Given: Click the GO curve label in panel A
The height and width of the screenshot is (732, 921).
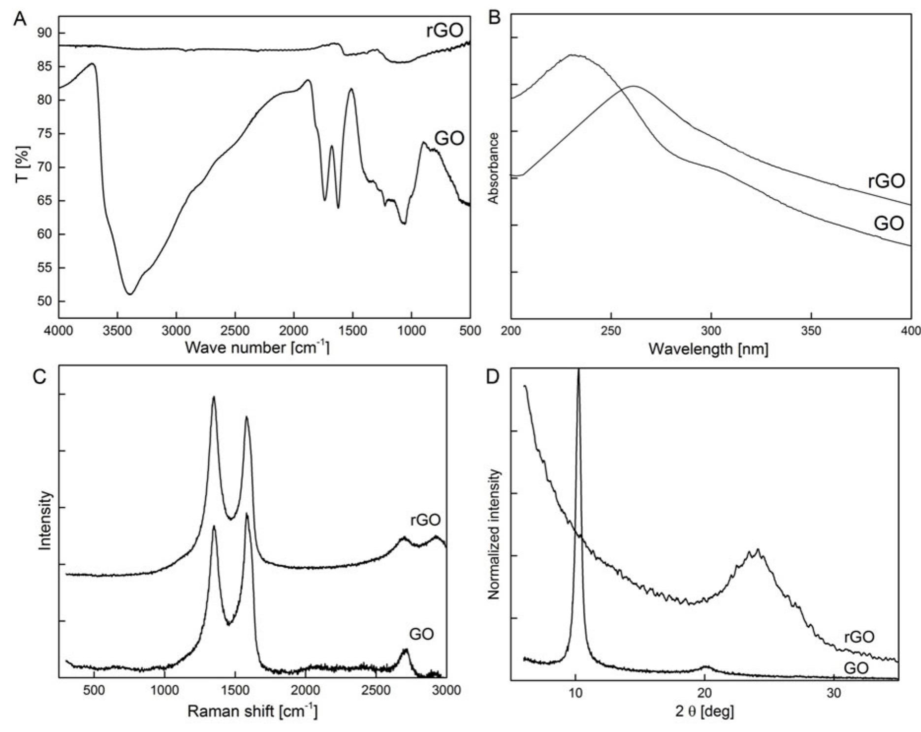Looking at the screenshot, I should click(449, 139).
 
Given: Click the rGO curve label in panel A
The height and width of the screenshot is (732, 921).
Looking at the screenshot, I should click(444, 31).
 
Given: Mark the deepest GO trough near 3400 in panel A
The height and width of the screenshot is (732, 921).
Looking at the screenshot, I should click(129, 294).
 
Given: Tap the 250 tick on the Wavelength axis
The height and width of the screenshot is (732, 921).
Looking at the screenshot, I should click(611, 331).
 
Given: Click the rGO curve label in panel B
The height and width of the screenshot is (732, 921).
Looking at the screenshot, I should click(886, 182).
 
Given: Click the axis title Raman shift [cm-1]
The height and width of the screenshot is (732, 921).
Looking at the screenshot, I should click(252, 711).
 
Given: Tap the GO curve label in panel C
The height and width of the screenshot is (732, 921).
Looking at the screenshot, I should click(421, 634).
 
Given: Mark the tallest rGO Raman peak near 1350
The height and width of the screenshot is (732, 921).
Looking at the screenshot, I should click(214, 397).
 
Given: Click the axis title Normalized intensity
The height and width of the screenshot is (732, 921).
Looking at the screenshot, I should click(494, 534).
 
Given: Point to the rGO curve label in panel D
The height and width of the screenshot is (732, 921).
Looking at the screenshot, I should click(859, 637).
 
